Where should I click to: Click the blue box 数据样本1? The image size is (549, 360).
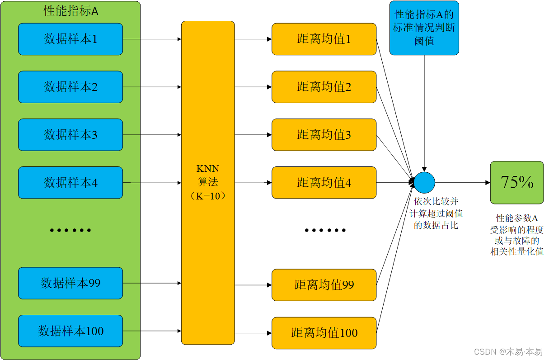(70, 39)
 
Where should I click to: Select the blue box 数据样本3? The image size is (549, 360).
(70, 135)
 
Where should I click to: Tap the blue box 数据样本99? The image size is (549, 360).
(70, 283)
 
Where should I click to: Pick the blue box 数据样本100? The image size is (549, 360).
(70, 331)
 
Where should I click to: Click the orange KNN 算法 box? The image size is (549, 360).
(208, 183)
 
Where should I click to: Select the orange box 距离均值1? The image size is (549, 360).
(324, 39)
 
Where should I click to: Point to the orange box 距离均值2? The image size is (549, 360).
(324, 87)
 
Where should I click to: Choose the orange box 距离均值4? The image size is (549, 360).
(324, 183)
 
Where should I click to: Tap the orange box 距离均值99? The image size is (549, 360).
(324, 285)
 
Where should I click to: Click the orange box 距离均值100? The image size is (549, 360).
(324, 333)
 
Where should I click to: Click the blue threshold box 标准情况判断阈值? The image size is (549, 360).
(424, 28)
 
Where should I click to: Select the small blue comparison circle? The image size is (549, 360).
(424, 183)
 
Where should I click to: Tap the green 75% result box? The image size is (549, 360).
(517, 183)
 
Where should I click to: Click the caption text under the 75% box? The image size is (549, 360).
(517, 235)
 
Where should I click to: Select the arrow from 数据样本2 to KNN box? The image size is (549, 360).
(152, 87)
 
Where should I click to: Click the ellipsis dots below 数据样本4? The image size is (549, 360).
(70, 230)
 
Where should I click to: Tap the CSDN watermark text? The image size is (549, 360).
(508, 351)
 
